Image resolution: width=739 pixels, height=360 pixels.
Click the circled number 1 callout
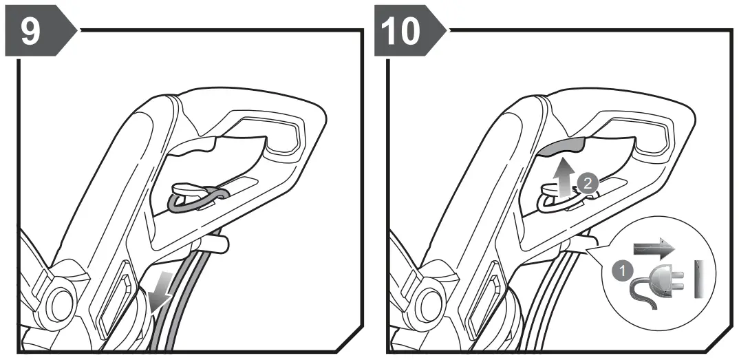[621, 271]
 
